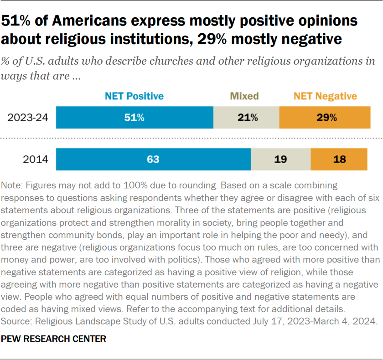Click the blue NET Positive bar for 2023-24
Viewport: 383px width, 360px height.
point(135,118)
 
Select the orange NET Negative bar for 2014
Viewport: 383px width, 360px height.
point(339,159)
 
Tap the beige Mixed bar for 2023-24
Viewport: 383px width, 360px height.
point(246,118)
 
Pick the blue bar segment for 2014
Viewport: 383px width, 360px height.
point(153,159)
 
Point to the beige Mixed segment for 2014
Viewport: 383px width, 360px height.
point(281,159)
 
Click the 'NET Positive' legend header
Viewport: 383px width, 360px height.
point(134,96)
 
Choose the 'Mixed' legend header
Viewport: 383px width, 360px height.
point(244,96)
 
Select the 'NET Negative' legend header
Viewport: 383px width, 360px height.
point(325,96)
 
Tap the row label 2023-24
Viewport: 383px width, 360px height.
point(28,118)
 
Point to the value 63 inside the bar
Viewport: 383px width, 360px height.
point(153,159)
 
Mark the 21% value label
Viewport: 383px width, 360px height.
point(248,118)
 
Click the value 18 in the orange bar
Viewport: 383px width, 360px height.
point(339,159)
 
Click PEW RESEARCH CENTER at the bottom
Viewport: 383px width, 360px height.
point(54,339)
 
